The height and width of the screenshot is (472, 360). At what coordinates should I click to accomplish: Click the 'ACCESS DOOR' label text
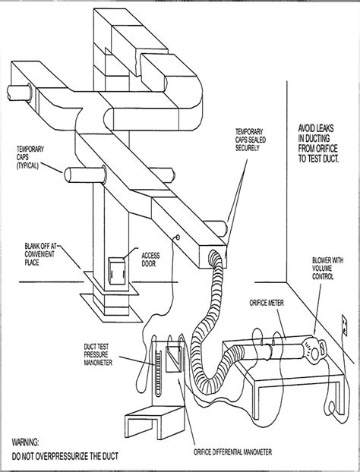[156, 259]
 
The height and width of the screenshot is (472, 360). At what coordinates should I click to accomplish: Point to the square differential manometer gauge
[172, 357]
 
